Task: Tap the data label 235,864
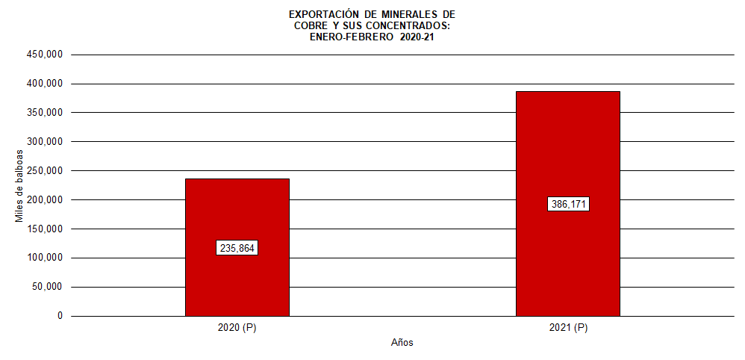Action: click(x=237, y=248)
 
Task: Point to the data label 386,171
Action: click(x=568, y=204)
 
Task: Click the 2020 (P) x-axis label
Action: click(x=237, y=328)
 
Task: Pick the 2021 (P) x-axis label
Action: click(x=568, y=328)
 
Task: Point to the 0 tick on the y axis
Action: click(x=60, y=316)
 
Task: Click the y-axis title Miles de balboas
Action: click(x=19, y=185)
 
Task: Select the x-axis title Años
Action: click(x=402, y=343)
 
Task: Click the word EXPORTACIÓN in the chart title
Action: click(x=322, y=14)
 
